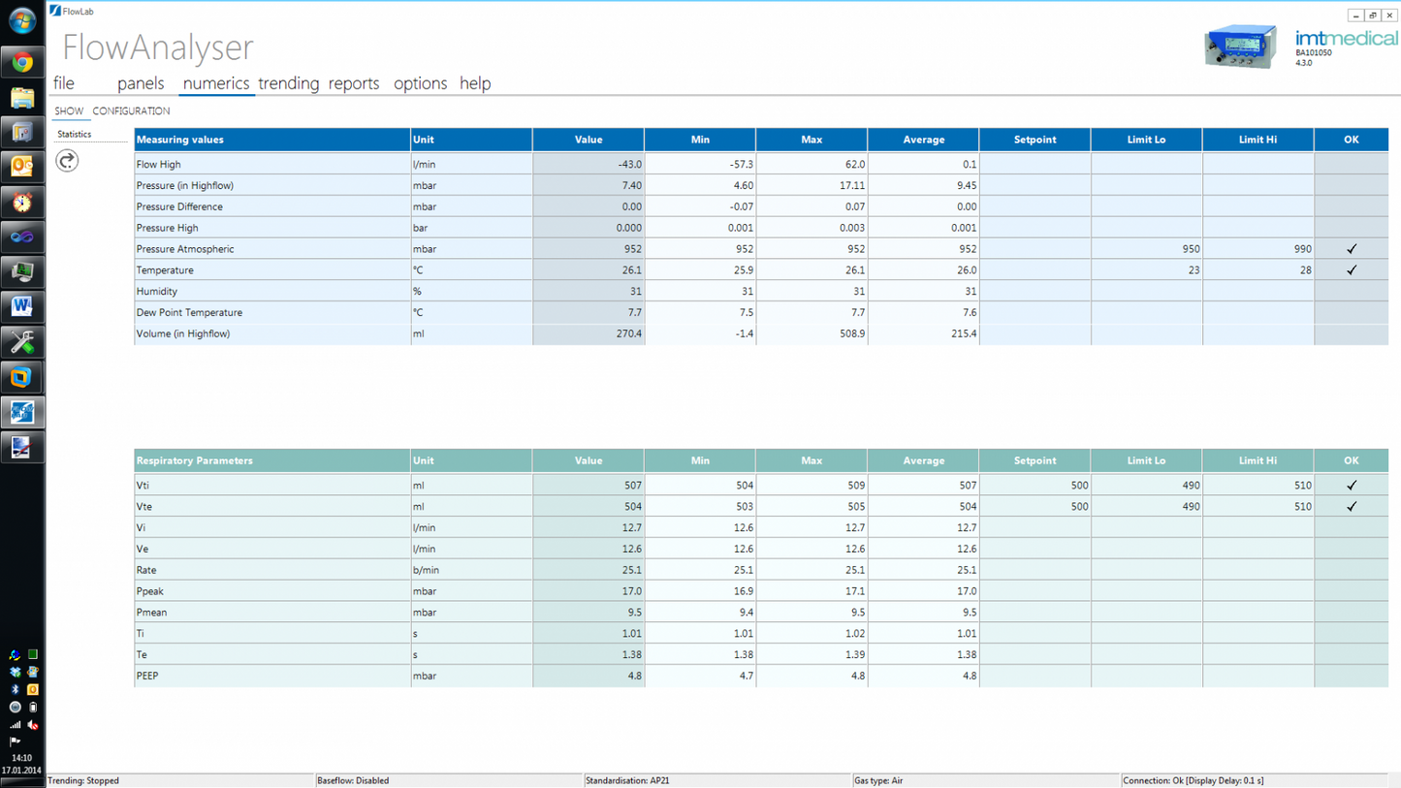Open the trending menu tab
click(288, 83)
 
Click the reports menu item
click(354, 83)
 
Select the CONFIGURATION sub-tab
click(131, 111)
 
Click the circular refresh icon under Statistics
click(67, 161)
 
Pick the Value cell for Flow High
click(589, 165)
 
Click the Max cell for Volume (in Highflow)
click(812, 334)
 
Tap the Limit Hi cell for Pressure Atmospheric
click(1258, 249)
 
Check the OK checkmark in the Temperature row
click(1352, 270)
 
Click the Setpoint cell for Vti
click(1035, 486)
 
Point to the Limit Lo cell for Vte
click(1146, 507)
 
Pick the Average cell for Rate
click(923, 571)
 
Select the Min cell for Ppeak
click(700, 591)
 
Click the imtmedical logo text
click(1347, 39)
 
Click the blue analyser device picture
click(1241, 47)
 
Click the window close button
click(1389, 16)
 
